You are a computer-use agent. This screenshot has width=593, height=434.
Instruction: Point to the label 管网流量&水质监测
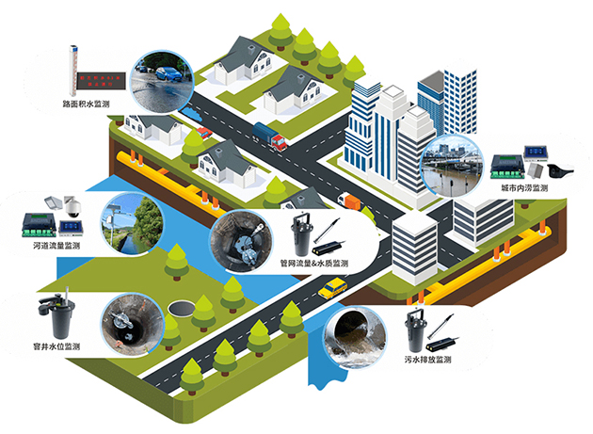point(313,264)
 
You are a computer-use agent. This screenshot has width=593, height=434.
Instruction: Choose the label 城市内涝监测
point(524,188)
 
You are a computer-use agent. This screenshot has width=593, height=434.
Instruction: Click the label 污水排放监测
point(428,361)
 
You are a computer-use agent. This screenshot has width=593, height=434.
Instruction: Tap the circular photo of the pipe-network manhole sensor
point(237,240)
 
